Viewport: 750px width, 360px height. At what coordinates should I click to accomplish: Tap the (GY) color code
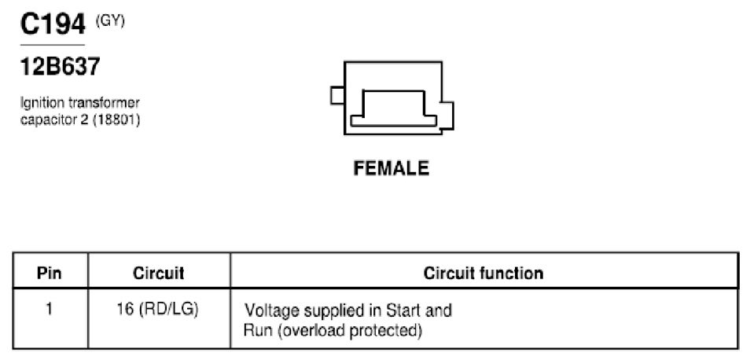(110, 21)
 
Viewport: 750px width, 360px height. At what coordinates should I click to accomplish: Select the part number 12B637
(61, 66)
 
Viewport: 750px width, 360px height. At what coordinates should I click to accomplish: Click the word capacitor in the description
(44, 120)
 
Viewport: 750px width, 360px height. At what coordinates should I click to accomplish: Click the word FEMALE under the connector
(392, 168)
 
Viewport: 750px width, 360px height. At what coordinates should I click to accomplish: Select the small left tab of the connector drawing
(337, 95)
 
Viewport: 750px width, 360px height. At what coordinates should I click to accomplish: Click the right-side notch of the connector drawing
(447, 116)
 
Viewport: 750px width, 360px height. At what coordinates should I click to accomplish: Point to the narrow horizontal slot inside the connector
(394, 120)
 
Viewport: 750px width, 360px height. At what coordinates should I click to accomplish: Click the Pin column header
(50, 274)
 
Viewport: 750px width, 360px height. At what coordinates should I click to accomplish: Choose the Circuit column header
(158, 273)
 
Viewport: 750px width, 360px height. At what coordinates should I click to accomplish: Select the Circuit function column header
(483, 273)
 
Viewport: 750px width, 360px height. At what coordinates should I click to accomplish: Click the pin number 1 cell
(49, 309)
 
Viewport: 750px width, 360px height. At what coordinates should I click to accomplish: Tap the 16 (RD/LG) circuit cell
(158, 310)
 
